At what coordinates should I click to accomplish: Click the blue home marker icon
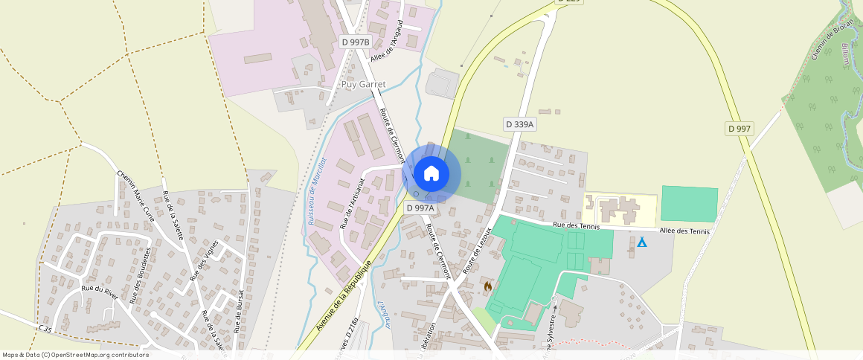click(431, 173)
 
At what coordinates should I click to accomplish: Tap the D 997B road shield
click(355, 42)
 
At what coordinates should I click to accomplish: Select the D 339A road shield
click(519, 124)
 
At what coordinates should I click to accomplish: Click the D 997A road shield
click(420, 208)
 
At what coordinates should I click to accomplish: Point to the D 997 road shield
click(740, 129)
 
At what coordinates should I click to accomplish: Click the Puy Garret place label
click(363, 85)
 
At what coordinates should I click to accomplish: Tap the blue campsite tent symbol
click(642, 242)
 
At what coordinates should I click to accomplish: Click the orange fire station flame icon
click(488, 286)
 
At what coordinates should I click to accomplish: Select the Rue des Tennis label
click(576, 225)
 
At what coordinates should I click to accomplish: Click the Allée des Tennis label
click(684, 231)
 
